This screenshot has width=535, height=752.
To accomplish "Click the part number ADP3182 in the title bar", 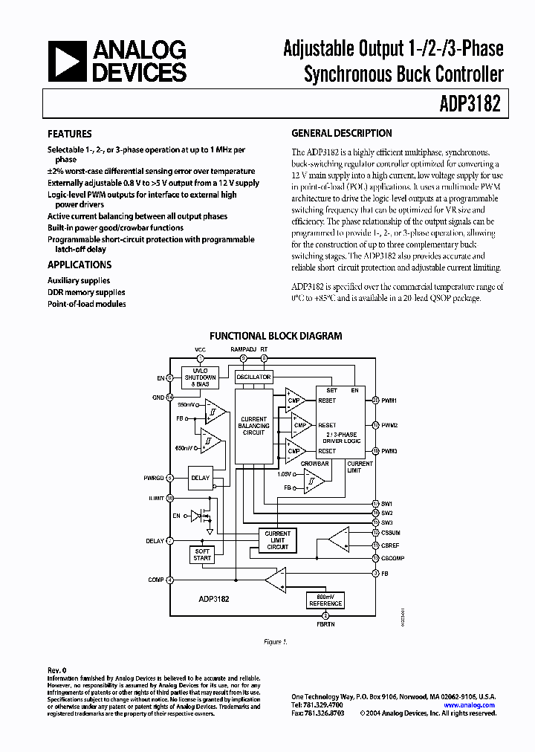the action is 474,105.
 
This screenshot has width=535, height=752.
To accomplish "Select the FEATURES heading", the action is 70,134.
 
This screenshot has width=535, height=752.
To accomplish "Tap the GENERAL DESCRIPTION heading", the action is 342,134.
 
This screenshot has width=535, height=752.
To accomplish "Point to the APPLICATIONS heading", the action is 80,265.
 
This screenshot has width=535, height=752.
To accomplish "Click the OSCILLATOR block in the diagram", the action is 253,377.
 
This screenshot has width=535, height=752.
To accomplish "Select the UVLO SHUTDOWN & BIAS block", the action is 199,377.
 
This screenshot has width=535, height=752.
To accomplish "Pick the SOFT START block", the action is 202,554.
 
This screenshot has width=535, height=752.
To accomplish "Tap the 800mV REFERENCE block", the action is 325,600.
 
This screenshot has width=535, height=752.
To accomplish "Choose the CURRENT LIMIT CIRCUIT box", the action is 277,540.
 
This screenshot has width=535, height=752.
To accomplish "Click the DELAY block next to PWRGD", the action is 200,479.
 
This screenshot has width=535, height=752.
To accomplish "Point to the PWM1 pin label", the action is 390,401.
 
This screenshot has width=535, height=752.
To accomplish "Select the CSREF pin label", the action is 391,545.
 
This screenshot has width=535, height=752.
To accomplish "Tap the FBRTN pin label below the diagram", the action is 325,625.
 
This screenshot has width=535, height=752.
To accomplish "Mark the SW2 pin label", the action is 387,513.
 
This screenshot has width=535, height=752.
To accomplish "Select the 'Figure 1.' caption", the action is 275,641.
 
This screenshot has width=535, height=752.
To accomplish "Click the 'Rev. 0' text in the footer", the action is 57,670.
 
